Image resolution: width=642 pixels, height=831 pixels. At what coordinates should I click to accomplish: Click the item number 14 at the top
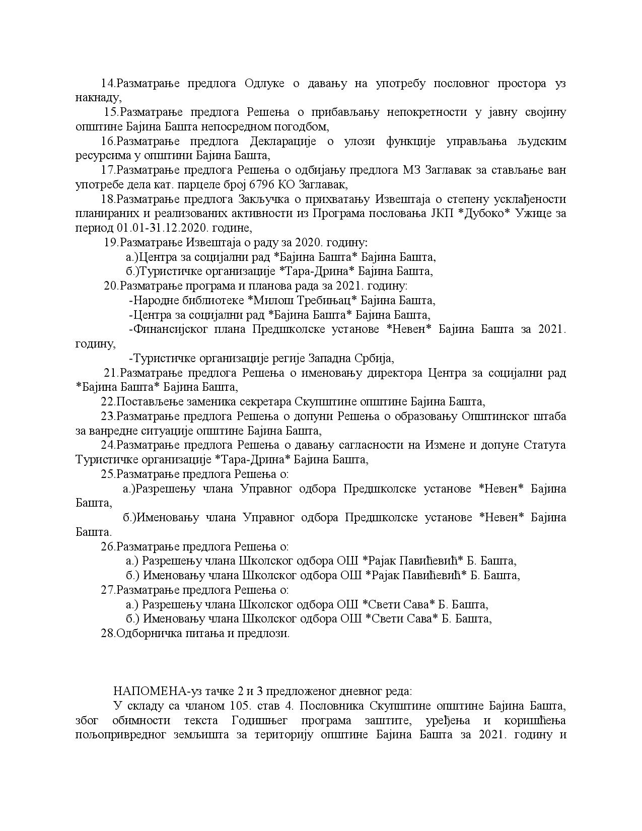click(x=108, y=84)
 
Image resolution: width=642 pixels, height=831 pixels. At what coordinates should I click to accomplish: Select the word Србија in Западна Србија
click(x=372, y=359)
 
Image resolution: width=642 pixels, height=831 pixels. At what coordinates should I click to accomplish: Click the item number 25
click(x=108, y=474)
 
